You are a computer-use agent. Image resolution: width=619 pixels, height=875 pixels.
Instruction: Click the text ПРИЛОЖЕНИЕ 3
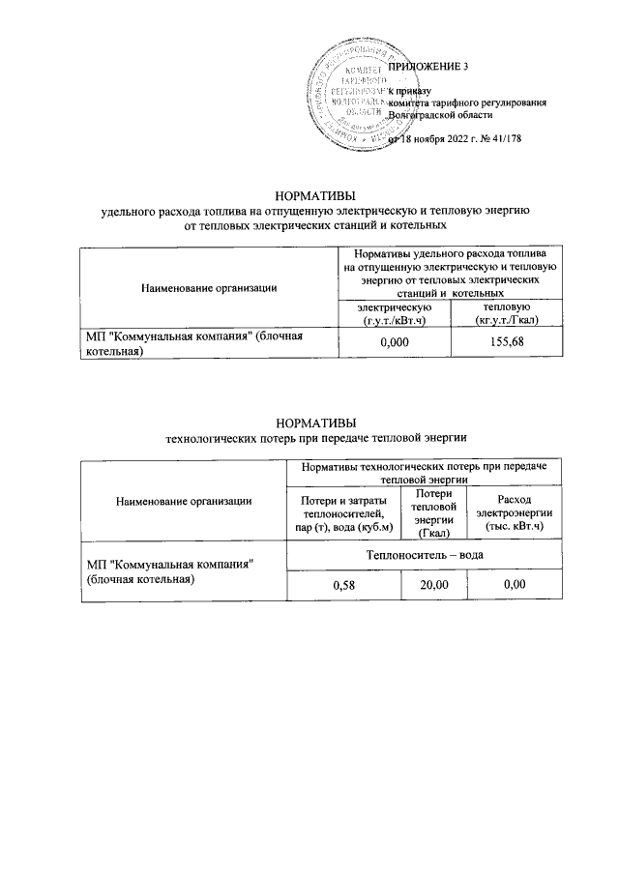pyautogui.click(x=427, y=67)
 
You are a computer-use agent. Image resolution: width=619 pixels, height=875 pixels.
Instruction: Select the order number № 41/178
pyautogui.click(x=504, y=138)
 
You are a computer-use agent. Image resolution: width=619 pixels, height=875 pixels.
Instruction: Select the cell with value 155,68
pyautogui.click(x=513, y=342)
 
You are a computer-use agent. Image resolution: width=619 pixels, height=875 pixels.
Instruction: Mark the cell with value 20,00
pyautogui.click(x=432, y=585)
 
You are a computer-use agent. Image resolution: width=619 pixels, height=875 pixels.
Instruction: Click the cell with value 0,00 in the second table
pyautogui.click(x=514, y=585)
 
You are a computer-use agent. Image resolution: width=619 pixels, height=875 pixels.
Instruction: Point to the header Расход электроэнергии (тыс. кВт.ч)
pyautogui.click(x=514, y=513)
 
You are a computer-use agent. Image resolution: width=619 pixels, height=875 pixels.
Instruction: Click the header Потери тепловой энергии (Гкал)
pyautogui.click(x=432, y=512)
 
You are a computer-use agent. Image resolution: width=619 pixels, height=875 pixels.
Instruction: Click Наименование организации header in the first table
pyautogui.click(x=209, y=286)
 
